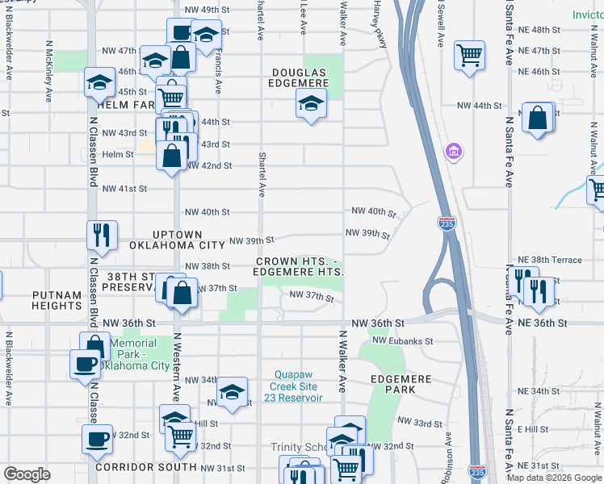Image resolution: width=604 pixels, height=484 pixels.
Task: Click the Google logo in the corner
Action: [x=27, y=474]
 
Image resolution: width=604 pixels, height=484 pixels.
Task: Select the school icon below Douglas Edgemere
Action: [x=311, y=104]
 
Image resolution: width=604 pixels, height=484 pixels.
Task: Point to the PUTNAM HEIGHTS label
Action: [x=57, y=301]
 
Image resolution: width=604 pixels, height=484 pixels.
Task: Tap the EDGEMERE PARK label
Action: [x=392, y=384]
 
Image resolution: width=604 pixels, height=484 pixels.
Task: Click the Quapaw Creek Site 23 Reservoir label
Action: [x=298, y=386]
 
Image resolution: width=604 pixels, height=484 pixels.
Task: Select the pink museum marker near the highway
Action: [x=453, y=151]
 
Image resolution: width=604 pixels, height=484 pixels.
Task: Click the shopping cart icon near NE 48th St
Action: [x=469, y=55]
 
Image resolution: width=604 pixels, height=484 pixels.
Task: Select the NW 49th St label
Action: [x=202, y=10]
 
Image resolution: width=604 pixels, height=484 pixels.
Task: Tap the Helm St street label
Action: [x=117, y=154]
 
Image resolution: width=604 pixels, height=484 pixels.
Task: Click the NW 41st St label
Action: [x=124, y=188]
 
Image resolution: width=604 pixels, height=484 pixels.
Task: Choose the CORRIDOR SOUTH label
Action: [x=145, y=467]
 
